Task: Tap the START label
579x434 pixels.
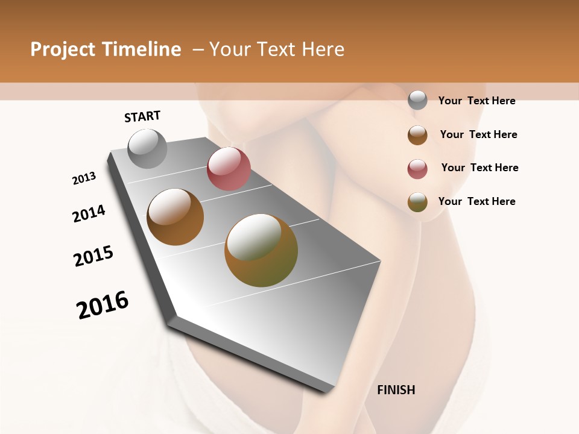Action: click(142, 116)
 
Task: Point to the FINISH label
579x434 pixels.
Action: click(396, 390)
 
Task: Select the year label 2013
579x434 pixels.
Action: click(84, 178)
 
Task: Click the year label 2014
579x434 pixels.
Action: click(89, 213)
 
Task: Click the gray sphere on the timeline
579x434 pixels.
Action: click(147, 148)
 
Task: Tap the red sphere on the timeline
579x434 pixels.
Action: click(229, 169)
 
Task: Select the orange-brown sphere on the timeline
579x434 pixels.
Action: click(175, 217)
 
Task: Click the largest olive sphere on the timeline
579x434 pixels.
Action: click(261, 250)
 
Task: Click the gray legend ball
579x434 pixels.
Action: click(417, 101)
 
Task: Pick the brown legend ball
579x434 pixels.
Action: click(417, 135)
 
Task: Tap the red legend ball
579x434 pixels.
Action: click(417, 169)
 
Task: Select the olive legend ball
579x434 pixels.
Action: click(417, 203)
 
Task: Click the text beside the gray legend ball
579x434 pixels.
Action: click(476, 101)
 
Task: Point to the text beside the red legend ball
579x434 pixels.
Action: click(479, 168)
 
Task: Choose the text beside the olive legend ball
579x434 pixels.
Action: click(476, 201)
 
